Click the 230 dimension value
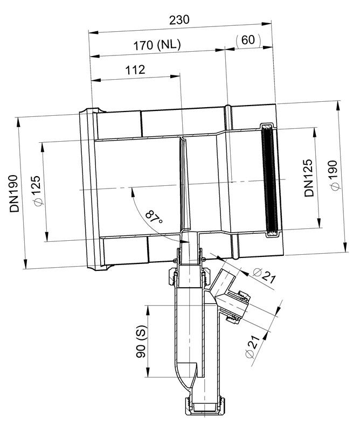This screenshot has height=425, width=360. [179, 19]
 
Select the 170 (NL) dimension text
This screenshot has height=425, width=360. [157, 45]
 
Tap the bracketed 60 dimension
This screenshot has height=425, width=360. [248, 40]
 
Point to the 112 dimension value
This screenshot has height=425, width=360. [135, 70]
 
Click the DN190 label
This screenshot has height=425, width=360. [14, 193]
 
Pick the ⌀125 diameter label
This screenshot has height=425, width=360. [37, 191]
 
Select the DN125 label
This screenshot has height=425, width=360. [308, 178]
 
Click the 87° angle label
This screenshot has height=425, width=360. [154, 217]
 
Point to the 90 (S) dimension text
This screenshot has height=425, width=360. [141, 342]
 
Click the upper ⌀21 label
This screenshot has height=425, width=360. [264, 276]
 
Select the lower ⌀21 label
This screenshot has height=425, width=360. [252, 346]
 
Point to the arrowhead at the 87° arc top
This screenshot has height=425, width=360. [133, 192]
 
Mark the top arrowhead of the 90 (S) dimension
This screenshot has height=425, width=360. [148, 310]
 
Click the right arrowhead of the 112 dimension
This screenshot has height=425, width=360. [175, 76]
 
